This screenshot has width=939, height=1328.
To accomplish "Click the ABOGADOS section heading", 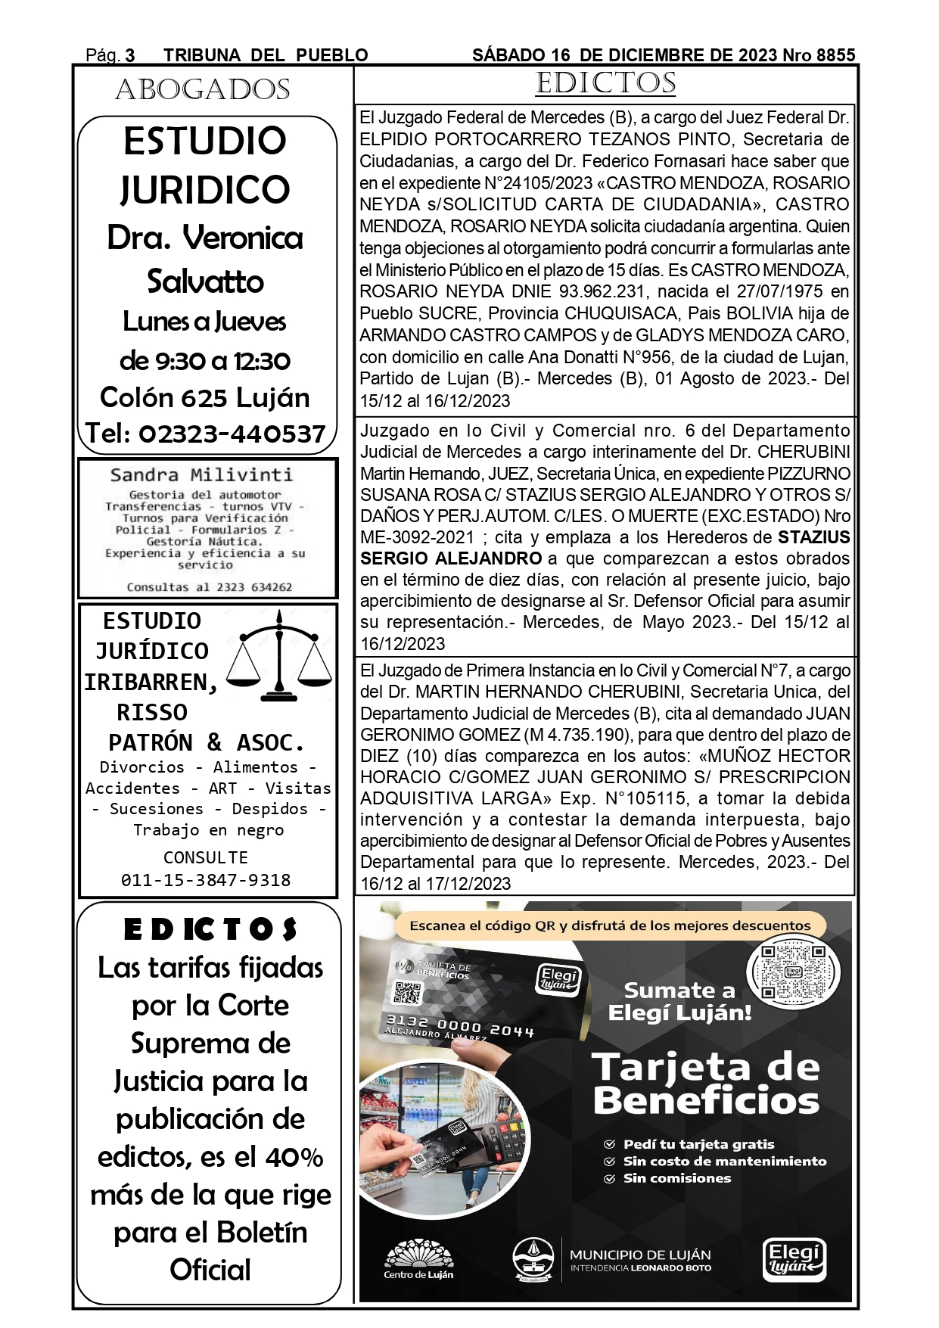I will tap(203, 90).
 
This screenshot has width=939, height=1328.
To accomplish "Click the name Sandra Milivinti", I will tap(201, 475).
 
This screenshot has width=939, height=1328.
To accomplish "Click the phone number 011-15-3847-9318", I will tap(206, 880).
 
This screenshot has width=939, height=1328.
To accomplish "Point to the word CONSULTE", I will tap(206, 857).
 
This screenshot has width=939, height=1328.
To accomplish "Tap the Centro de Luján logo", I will tap(418, 1261).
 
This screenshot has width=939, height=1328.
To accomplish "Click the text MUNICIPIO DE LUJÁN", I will tap(640, 1255).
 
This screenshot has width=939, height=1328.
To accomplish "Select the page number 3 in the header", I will tap(130, 55).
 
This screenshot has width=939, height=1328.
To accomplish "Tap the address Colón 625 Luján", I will tap(205, 397).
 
